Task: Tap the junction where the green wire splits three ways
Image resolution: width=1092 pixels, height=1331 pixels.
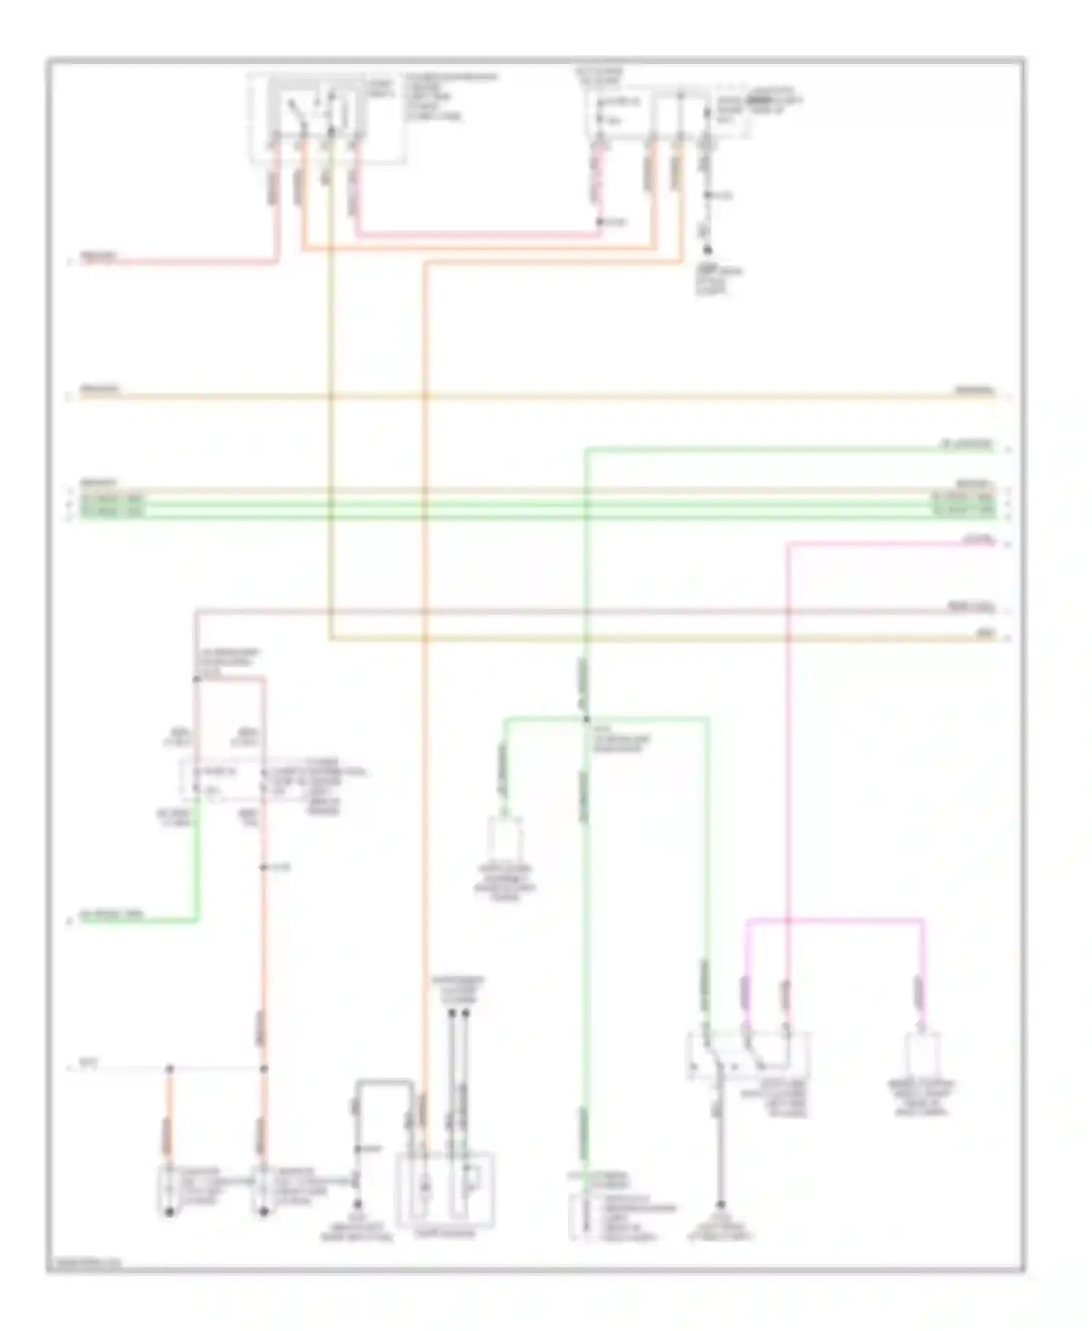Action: (x=586, y=719)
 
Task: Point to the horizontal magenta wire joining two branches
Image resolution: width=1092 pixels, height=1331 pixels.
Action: (x=834, y=920)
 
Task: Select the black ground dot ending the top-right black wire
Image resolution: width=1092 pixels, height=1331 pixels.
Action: (x=707, y=250)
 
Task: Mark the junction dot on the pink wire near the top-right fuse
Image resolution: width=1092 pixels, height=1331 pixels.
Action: (x=601, y=222)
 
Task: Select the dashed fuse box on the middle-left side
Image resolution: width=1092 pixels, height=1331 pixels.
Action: (x=221, y=779)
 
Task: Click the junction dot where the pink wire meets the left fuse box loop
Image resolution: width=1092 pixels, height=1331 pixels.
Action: (x=197, y=679)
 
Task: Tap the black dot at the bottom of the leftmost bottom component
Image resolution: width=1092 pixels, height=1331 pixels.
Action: (x=169, y=1213)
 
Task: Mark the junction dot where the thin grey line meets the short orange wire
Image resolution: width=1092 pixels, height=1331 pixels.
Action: (x=169, y=1068)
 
